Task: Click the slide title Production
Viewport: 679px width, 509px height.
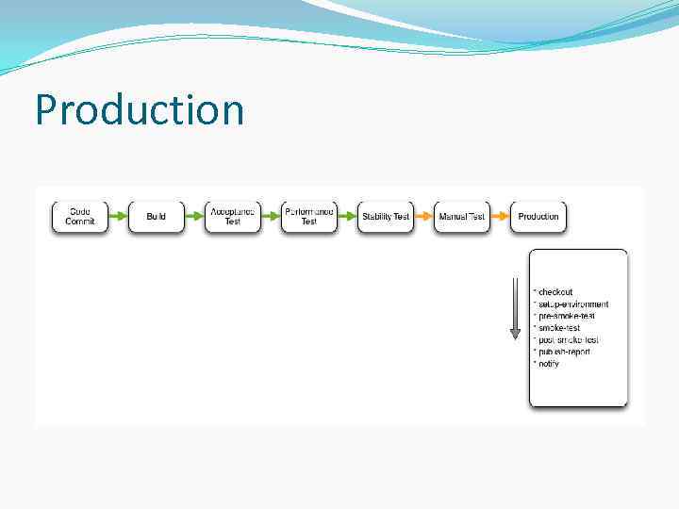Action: [x=140, y=110]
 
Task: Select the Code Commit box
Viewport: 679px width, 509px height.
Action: [x=80, y=217]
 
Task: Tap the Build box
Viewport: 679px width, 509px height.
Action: [x=157, y=217]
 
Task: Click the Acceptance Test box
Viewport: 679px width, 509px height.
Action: [x=233, y=217]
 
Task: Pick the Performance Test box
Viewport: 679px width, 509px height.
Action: [x=309, y=217]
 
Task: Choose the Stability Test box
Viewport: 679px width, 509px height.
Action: [x=386, y=217]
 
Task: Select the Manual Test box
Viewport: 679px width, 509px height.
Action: [x=462, y=217]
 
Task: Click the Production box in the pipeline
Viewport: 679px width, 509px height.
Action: [x=538, y=217]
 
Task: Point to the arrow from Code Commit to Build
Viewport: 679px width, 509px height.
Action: [x=118, y=217]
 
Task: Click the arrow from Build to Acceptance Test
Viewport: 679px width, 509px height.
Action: [x=194, y=217]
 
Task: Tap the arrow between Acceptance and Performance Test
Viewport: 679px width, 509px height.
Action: [x=271, y=217]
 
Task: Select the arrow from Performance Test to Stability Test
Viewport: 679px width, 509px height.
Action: [x=347, y=217]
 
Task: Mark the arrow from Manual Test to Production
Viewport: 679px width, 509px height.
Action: [x=500, y=217]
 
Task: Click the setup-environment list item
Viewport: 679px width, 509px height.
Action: [x=572, y=304]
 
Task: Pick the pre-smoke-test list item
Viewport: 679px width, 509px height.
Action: [x=566, y=316]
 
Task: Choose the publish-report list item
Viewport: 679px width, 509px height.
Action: [x=564, y=352]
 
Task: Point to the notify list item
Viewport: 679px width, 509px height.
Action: [x=548, y=363]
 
